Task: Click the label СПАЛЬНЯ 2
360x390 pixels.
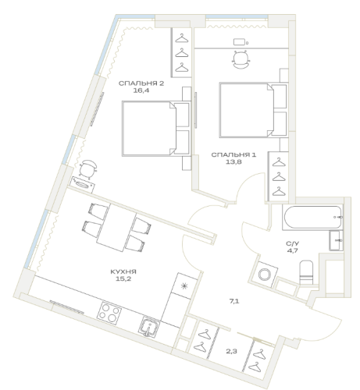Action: point(141,83)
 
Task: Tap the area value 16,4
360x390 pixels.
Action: point(141,90)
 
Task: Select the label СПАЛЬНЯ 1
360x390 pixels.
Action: point(233,155)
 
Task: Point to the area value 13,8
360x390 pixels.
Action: point(233,162)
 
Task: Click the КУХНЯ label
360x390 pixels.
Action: point(123,272)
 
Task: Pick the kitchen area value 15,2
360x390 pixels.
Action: point(123,279)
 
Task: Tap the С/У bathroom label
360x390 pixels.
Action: point(293,243)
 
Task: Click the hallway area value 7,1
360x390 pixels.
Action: point(234,301)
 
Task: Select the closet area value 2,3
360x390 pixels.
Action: point(231,352)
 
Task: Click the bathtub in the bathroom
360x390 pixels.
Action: point(312,217)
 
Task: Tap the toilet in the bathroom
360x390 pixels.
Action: point(306,272)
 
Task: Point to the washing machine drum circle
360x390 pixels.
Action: point(265,274)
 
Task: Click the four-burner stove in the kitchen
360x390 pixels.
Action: point(109,314)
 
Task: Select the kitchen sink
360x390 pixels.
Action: point(149,328)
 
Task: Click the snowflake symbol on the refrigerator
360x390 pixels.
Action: point(184,286)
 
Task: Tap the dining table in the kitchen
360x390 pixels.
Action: point(116,228)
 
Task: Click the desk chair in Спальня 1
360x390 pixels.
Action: point(241,59)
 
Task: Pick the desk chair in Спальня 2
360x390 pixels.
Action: point(87,168)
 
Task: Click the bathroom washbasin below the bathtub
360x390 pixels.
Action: point(336,240)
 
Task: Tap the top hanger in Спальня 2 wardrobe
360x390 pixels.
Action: point(182,38)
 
